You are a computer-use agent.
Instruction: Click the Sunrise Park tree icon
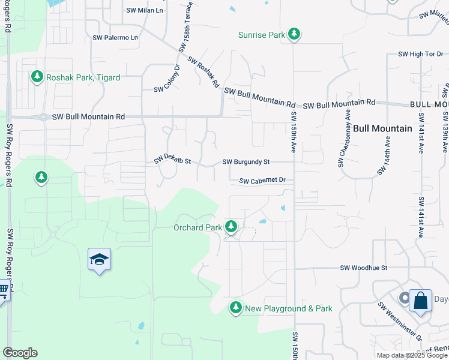[x=294, y=34]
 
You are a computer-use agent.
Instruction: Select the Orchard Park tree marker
[x=231, y=227]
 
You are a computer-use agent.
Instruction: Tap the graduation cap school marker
[x=99, y=260]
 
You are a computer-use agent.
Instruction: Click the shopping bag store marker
[x=420, y=301]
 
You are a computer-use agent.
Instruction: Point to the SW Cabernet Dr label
[x=262, y=180]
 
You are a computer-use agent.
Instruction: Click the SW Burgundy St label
[x=246, y=162]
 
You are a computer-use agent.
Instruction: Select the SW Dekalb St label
[x=172, y=159]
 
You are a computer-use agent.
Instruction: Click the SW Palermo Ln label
[x=115, y=37]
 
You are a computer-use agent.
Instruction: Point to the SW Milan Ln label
[x=145, y=10]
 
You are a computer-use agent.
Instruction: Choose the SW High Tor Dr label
[x=420, y=54]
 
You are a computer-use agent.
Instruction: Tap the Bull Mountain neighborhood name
[x=382, y=128]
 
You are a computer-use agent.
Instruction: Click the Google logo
[x=20, y=353]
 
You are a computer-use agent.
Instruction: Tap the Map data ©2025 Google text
[x=411, y=355]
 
